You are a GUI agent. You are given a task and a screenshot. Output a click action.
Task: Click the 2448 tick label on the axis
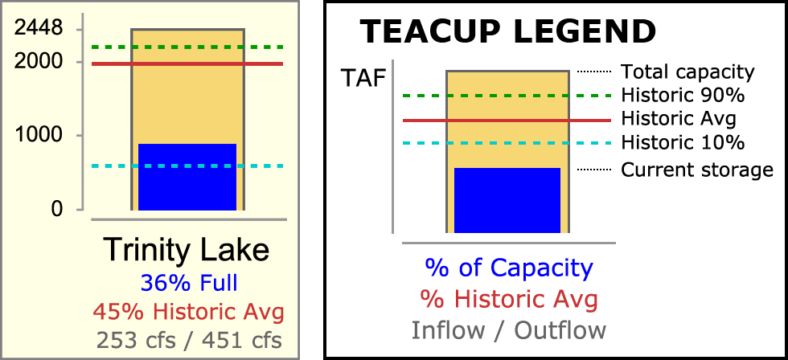(39, 28)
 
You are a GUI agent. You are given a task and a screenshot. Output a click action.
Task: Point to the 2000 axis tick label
(39, 62)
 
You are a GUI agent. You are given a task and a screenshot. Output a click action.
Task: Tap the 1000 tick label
(39, 135)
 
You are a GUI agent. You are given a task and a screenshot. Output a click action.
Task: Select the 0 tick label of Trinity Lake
(57, 208)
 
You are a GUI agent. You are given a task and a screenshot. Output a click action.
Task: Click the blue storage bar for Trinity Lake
(187, 177)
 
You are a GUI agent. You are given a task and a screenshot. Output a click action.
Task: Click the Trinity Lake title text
(187, 249)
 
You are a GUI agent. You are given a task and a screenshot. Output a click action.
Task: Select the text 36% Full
(189, 284)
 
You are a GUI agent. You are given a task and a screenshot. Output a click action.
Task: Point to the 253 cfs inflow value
(137, 341)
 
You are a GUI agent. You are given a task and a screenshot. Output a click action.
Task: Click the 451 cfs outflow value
(242, 341)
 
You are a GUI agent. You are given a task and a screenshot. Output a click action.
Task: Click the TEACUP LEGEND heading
(508, 31)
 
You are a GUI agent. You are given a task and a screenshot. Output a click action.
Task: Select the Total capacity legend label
(688, 72)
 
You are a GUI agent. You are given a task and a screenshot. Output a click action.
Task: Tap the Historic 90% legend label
(683, 95)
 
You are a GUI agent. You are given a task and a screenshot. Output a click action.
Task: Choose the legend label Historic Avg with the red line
(679, 120)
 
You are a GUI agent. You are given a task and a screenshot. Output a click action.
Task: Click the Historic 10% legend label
(683, 143)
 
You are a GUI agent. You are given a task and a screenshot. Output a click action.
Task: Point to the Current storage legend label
(697, 170)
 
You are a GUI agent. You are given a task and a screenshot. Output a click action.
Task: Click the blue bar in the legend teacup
(507, 200)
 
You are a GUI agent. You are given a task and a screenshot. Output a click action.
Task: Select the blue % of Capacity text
(509, 269)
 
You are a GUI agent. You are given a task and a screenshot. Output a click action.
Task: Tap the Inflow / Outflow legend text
(509, 330)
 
